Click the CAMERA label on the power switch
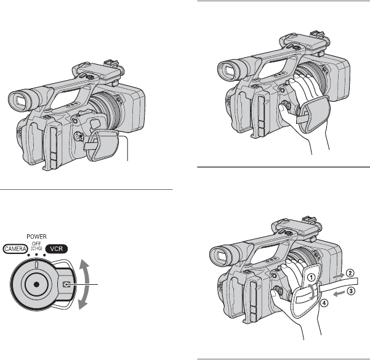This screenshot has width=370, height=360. pos(15,249)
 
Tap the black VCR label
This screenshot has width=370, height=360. pos(57,249)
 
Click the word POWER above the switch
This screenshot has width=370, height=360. pos(36,237)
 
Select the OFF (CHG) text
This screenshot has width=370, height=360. pos(36,246)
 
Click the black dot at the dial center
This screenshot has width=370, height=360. pos(36,284)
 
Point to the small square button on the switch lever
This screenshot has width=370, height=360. pos(66,284)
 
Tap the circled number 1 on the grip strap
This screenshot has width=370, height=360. pos(312,277)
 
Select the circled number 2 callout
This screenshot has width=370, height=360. pos(350,273)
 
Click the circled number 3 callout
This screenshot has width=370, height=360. pos(351,291)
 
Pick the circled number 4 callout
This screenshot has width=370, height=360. pos(324,303)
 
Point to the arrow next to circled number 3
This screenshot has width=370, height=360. pos(339,293)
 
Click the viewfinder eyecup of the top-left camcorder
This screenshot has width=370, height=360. pos(18,100)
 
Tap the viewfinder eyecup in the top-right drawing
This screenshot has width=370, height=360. pos(228,71)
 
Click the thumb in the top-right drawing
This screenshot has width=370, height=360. pos(283,110)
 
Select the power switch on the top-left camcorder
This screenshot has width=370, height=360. pos(78,136)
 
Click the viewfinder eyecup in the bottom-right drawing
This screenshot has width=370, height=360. pos(220,255)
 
